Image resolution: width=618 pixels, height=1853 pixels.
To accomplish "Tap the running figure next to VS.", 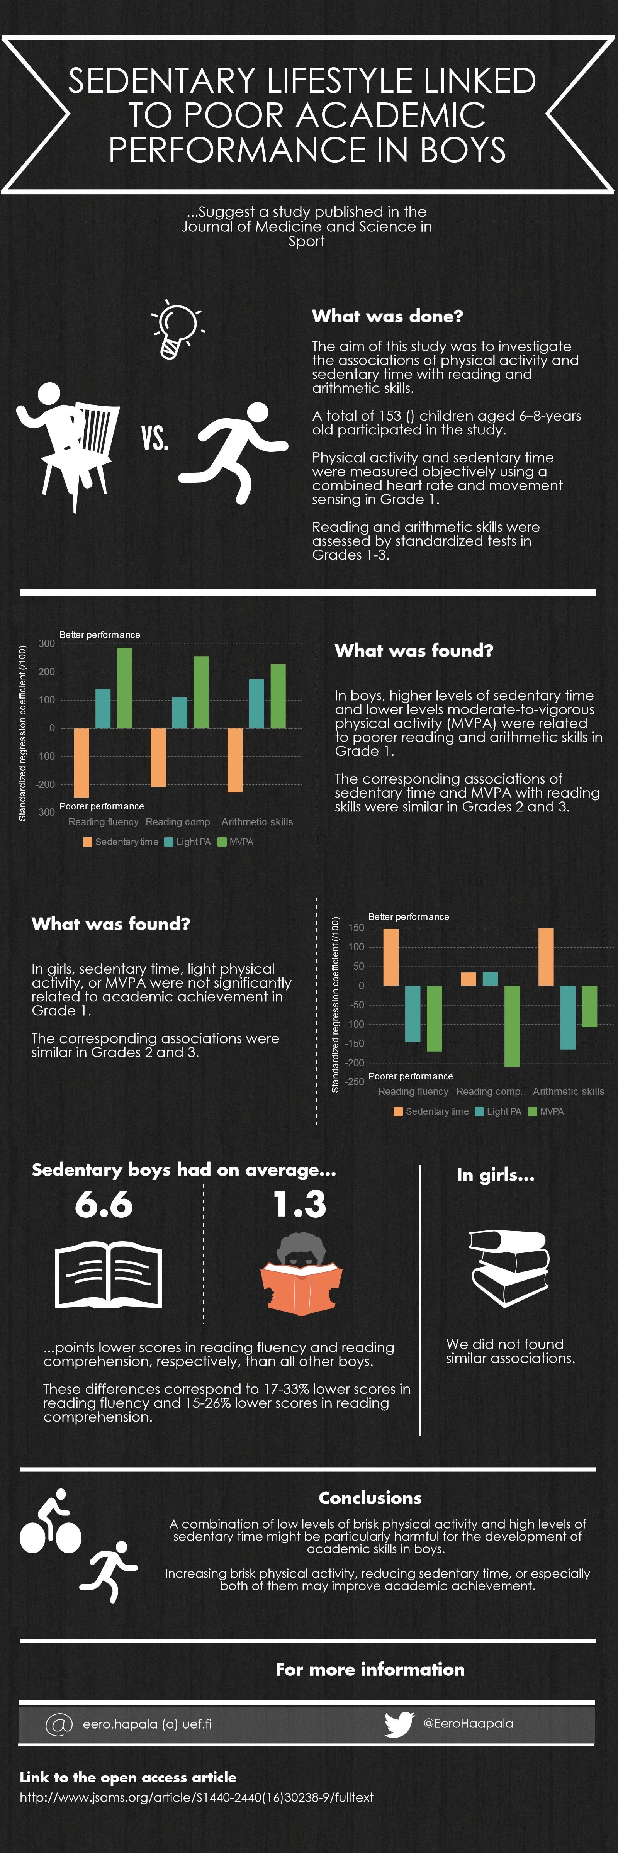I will (x=234, y=451).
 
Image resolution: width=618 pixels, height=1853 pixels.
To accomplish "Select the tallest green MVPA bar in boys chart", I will (x=124, y=688).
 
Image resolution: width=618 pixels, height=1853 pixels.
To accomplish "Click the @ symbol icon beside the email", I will (x=59, y=1724).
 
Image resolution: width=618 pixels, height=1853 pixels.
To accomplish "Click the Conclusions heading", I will (x=370, y=1498).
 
